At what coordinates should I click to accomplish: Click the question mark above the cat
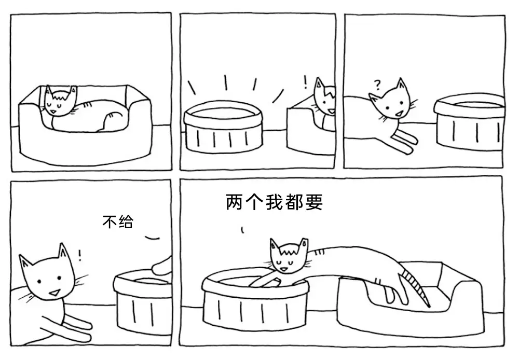376,85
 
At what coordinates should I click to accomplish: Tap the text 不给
118,221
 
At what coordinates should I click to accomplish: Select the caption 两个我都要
274,202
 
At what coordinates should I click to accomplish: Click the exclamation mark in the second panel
306,82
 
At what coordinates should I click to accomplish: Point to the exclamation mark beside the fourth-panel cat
79,255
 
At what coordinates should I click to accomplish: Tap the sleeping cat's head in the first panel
61,101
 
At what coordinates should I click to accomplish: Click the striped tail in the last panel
415,285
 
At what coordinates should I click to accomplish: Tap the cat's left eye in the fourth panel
39,282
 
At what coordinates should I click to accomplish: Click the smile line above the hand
152,237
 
